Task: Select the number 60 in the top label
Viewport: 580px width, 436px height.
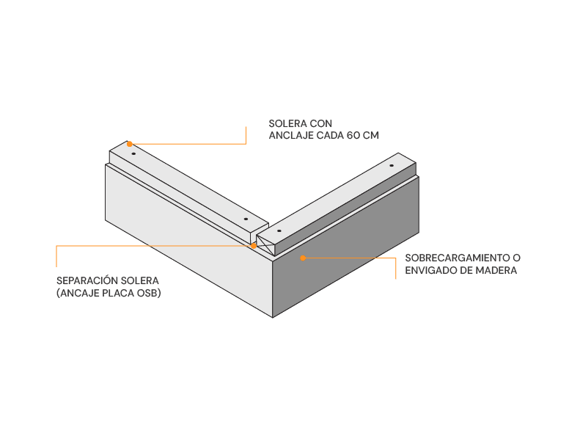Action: tap(353, 136)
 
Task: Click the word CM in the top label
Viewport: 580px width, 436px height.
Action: tap(370, 136)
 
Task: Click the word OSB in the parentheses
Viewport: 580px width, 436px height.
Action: tap(148, 293)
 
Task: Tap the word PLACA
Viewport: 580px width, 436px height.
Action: tap(118, 293)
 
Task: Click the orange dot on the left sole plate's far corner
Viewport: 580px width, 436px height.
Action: tap(130, 144)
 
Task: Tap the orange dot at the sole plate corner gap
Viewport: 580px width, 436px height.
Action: tap(254, 246)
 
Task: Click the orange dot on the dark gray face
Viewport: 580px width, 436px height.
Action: tap(303, 258)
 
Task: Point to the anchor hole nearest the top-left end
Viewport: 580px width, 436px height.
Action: tap(133, 153)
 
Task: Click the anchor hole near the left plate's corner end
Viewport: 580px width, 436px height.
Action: tap(246, 219)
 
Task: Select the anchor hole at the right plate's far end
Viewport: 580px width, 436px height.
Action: tap(392, 166)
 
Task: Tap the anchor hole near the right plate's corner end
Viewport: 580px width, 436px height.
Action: tap(279, 230)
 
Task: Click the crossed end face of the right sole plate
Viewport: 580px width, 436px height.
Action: tap(265, 245)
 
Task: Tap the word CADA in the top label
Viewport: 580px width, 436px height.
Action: tap(330, 136)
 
